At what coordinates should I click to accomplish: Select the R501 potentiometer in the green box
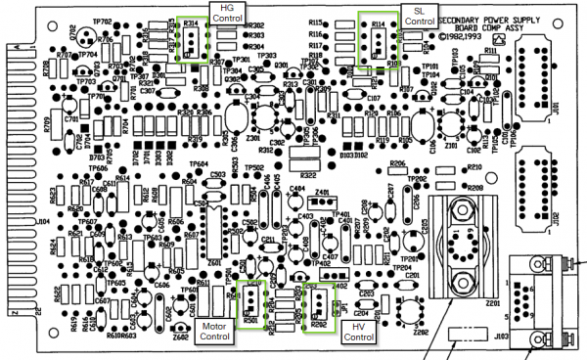[251, 299]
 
